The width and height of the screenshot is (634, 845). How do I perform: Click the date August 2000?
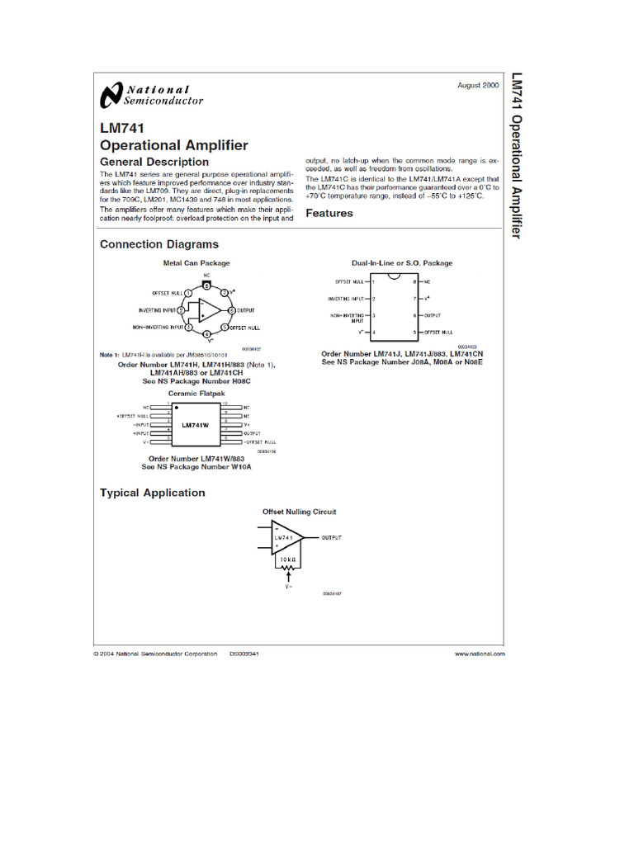click(x=478, y=86)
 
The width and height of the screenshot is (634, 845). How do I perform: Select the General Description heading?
click(x=154, y=162)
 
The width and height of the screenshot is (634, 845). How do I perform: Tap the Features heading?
click(x=329, y=213)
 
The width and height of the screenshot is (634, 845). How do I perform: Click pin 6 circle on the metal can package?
click(x=225, y=310)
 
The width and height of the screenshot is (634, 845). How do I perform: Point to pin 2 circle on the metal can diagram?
click(x=181, y=310)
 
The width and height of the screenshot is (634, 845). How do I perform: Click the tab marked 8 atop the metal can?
click(x=206, y=284)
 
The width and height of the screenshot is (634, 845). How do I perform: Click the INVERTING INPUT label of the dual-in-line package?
click(x=346, y=299)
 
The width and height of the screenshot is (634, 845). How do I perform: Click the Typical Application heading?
click(x=152, y=493)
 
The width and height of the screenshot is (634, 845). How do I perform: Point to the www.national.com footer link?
click(x=480, y=653)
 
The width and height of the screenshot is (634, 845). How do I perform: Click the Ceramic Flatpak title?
click(x=196, y=394)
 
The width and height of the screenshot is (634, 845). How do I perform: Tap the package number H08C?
click(x=238, y=382)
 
